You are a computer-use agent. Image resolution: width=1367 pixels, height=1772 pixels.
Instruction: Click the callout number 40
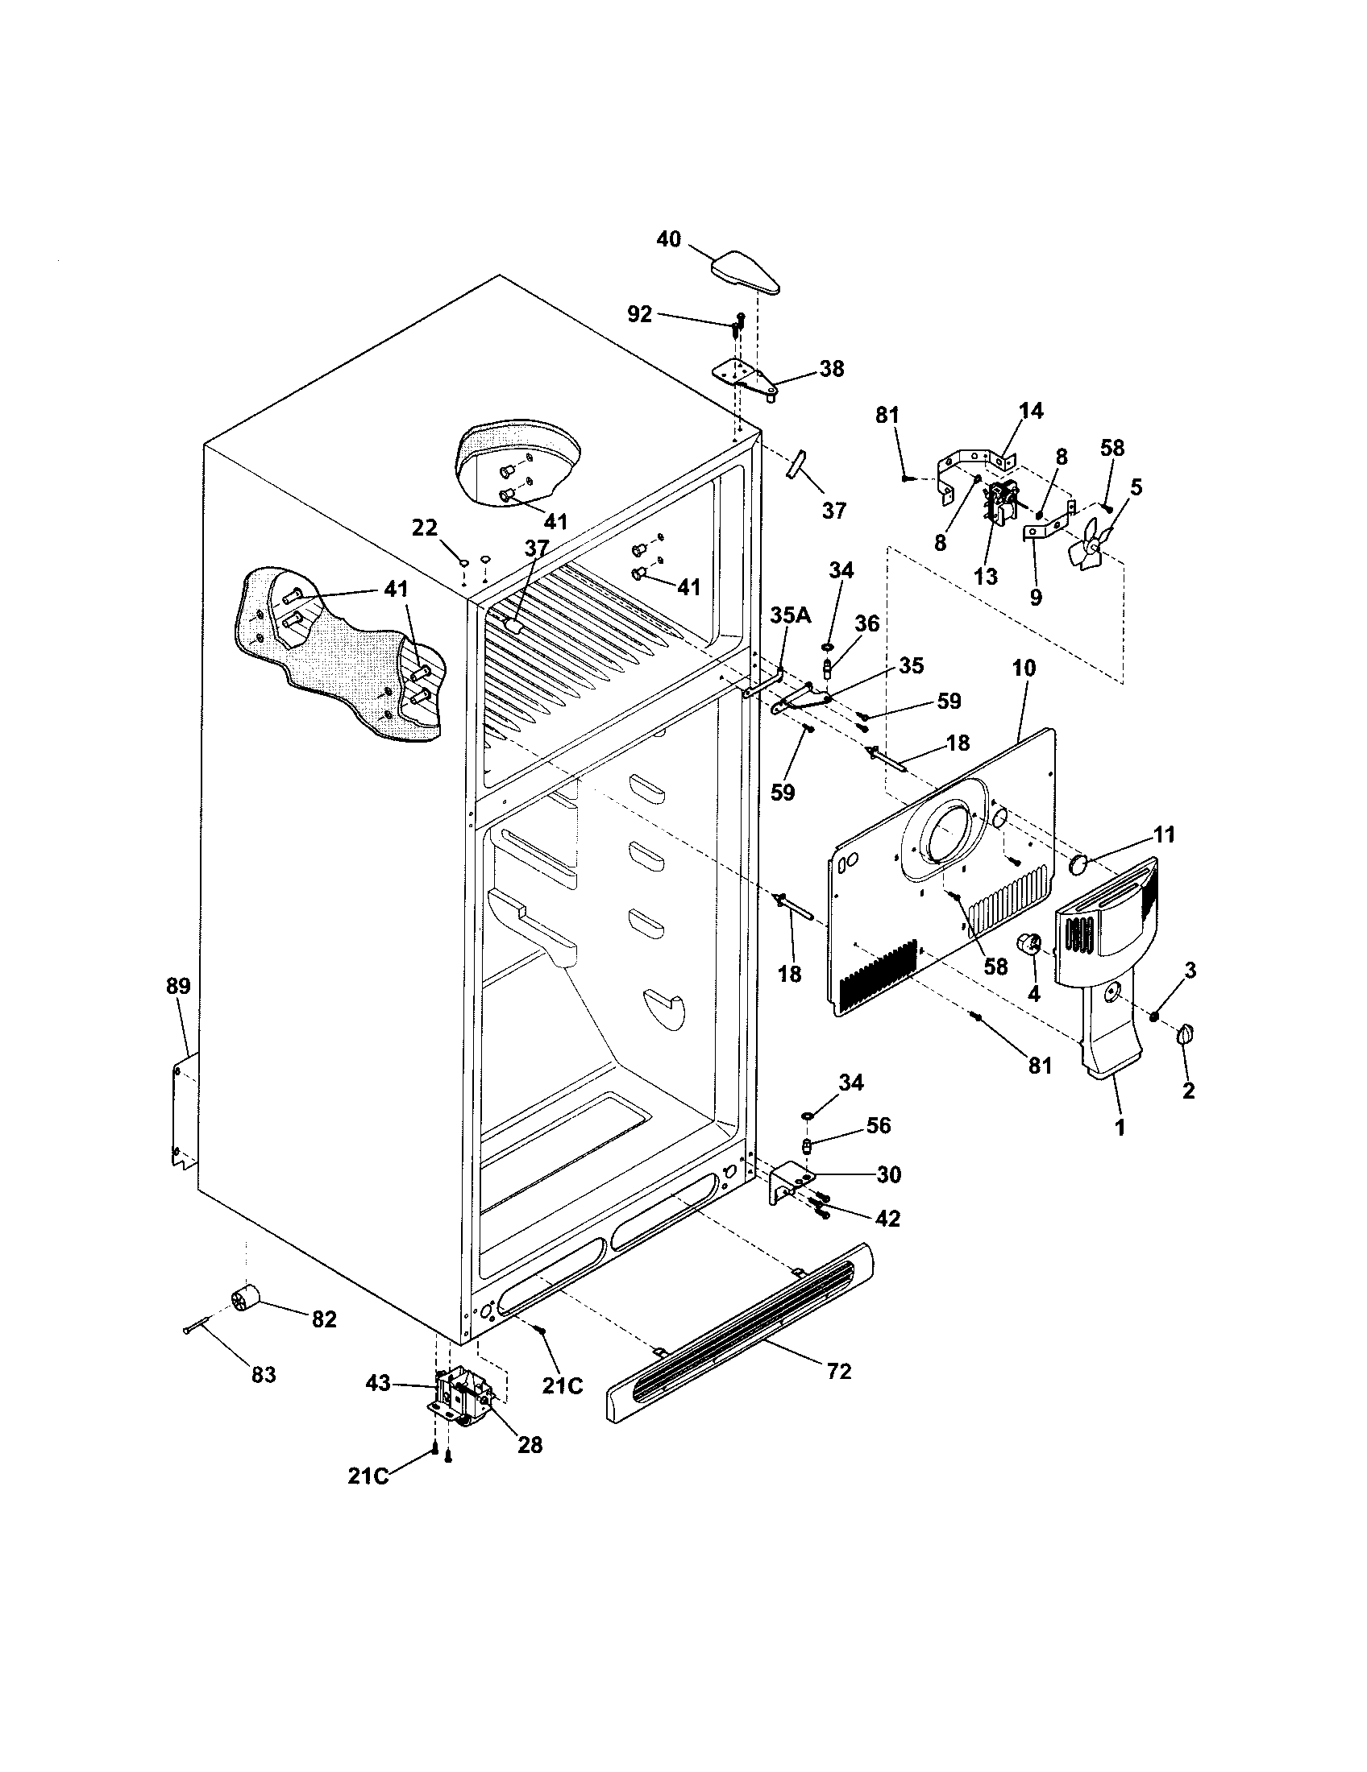coord(668,240)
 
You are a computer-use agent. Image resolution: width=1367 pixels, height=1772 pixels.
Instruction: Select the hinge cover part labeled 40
coord(746,272)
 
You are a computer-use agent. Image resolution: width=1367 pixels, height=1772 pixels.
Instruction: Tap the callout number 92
coord(640,314)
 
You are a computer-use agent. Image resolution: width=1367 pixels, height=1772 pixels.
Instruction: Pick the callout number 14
coord(1031,411)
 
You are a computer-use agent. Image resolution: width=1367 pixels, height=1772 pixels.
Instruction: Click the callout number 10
coord(1024,669)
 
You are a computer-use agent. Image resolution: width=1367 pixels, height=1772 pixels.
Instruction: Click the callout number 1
coord(1120,1127)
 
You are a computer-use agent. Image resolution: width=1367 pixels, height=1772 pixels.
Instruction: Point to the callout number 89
coord(178,986)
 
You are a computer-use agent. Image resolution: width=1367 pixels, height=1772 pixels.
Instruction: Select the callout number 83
coord(264,1374)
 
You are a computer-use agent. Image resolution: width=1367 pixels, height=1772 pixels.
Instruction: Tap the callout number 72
coord(838,1370)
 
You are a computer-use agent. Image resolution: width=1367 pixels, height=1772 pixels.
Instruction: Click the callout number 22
coord(425,528)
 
